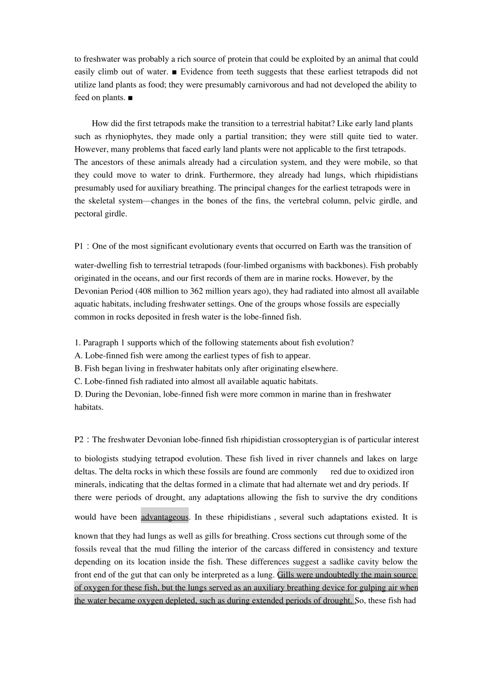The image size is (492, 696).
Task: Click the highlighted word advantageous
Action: pos(165,517)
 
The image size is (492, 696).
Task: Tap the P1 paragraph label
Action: pos(79,247)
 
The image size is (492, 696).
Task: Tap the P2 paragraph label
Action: pos(79,440)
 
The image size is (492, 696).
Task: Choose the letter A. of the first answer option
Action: pos(78,356)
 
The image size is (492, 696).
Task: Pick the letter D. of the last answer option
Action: pos(78,394)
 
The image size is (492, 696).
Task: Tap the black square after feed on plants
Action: pos(130,98)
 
